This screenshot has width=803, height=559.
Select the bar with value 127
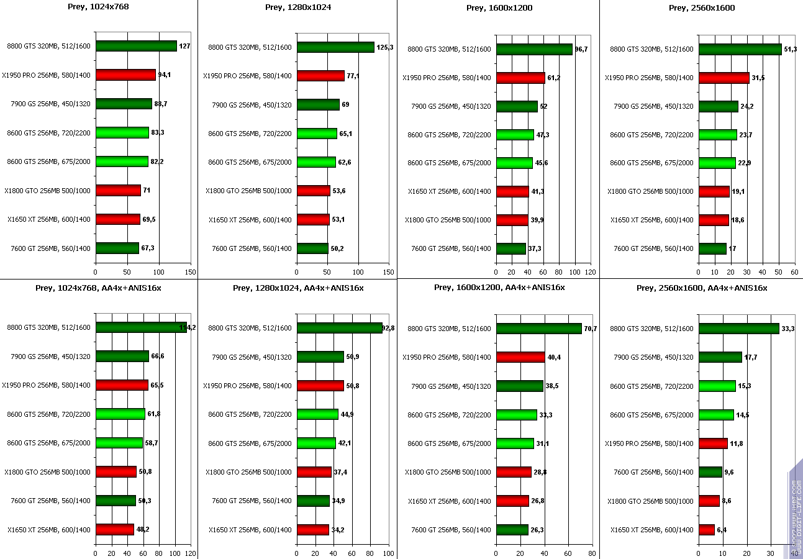(x=136, y=46)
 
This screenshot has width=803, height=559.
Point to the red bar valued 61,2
(x=520, y=78)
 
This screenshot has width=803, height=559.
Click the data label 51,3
(x=791, y=49)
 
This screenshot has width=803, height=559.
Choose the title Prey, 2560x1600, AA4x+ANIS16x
(x=701, y=288)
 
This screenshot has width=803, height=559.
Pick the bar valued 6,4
(x=707, y=530)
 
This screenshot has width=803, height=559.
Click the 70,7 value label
(x=591, y=329)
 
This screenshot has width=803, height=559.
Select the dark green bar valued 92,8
(x=340, y=328)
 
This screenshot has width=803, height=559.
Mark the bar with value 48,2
(x=115, y=530)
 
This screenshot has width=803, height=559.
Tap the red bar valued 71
(x=118, y=190)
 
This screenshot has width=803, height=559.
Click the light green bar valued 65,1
(x=317, y=134)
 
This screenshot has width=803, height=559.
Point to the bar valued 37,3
(x=511, y=248)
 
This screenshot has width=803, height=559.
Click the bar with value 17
(x=712, y=248)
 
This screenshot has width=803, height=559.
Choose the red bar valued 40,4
(x=520, y=357)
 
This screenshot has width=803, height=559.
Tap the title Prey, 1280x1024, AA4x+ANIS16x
(x=298, y=288)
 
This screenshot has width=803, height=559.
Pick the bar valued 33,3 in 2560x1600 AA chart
(x=738, y=329)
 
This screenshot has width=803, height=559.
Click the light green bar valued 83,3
(x=122, y=132)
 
